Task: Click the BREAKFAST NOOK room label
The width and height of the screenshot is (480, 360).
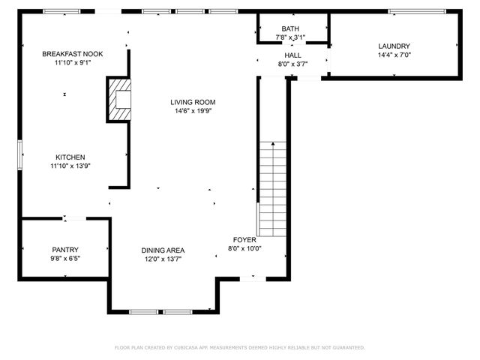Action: click(73, 54)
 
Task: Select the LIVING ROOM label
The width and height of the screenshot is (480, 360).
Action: click(193, 102)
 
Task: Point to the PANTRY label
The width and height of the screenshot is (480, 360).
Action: click(65, 250)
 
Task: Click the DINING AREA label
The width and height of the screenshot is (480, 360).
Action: click(163, 250)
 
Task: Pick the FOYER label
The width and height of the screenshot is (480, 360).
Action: click(244, 239)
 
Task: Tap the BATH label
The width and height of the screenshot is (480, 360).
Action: click(290, 28)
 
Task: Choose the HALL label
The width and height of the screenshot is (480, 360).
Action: click(292, 55)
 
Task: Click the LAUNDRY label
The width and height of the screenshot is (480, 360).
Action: click(394, 46)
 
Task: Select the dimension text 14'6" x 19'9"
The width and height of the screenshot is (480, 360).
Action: click(193, 111)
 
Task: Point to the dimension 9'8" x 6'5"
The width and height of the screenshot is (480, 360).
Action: click(65, 259)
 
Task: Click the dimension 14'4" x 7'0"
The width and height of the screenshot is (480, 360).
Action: click(394, 55)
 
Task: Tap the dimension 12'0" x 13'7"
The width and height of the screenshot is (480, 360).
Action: click(163, 259)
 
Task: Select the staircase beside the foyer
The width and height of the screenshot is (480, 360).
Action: click(273, 187)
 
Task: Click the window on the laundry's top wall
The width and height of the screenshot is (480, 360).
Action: click(416, 11)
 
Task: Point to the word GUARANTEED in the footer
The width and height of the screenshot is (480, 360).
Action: click(346, 348)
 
